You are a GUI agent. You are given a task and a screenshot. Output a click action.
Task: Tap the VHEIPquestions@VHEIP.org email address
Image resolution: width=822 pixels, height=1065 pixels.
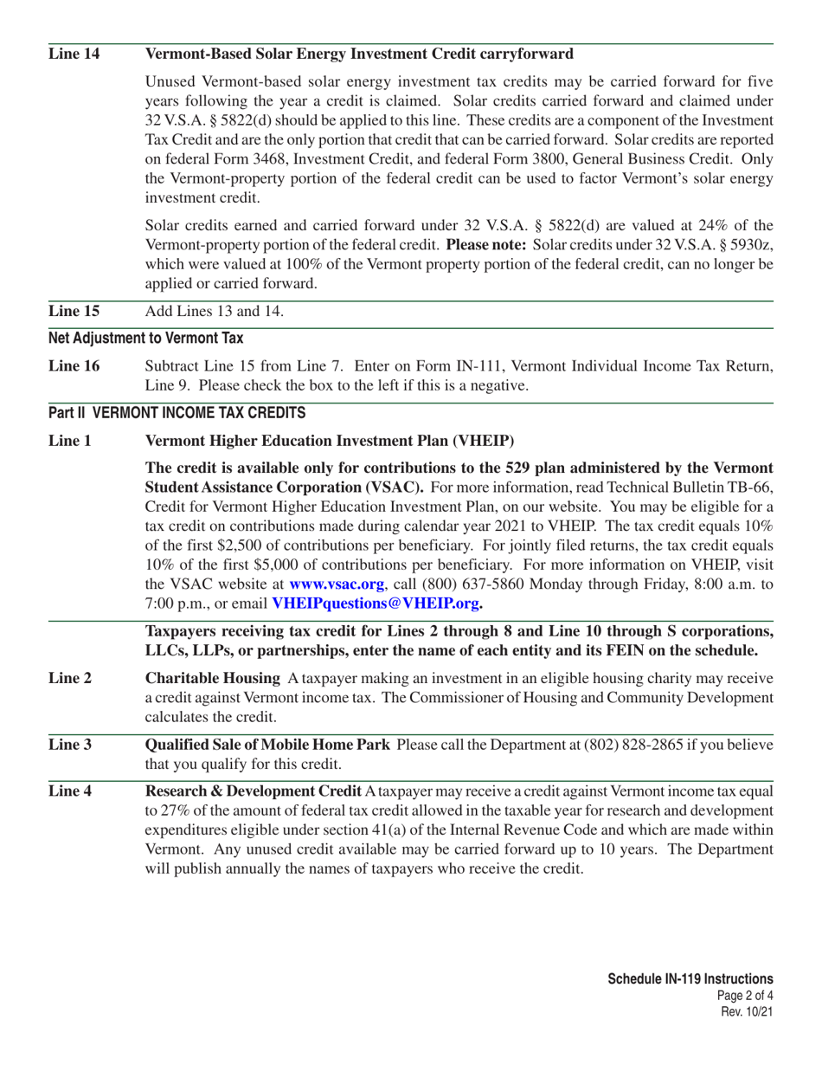[x=377, y=603]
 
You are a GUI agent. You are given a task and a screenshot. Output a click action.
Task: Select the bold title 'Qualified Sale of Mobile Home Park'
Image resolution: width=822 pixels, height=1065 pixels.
[x=266, y=745]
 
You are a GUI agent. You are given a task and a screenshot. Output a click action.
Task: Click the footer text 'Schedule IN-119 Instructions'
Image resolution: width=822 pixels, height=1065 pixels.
[x=690, y=978]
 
